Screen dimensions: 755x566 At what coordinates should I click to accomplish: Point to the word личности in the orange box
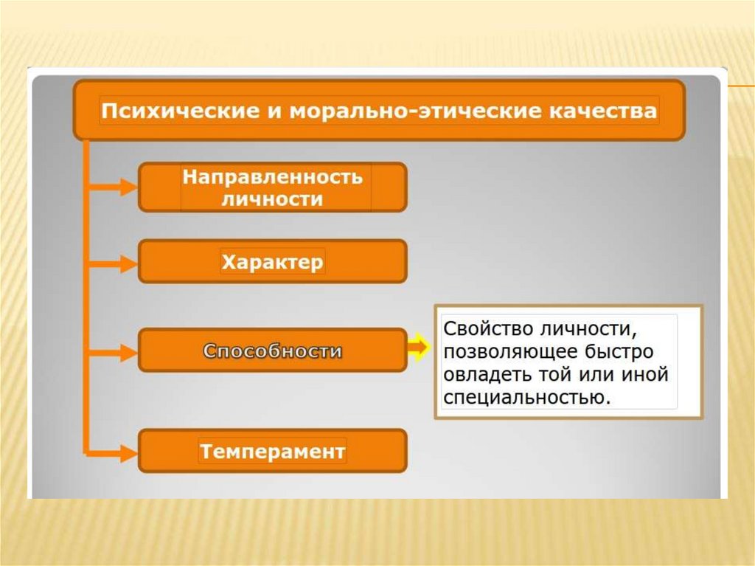tap(272, 199)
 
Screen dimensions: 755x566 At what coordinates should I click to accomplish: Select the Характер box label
tap(272, 262)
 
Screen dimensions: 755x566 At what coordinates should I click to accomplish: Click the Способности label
tap(272, 351)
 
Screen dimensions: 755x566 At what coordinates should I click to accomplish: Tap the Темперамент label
tap(272, 451)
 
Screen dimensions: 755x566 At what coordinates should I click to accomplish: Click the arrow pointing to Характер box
tap(114, 262)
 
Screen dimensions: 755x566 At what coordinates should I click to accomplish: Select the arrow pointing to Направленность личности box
tap(114, 187)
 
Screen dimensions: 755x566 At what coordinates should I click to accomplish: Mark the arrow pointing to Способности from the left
tap(114, 351)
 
